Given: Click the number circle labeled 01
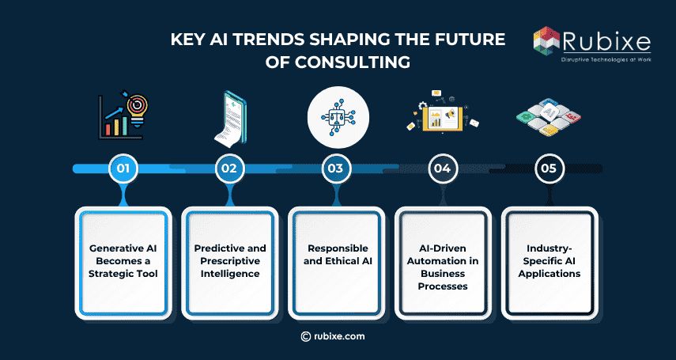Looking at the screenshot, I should point(123,168).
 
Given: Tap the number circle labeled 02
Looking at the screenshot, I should point(228,168).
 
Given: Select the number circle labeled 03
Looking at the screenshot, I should point(335,168).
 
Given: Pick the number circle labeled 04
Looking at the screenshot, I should point(442,168).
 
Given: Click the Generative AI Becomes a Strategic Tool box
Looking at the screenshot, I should point(123,261).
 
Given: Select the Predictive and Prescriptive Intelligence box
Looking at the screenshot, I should point(229,261).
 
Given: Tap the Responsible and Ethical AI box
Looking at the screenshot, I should point(335,261).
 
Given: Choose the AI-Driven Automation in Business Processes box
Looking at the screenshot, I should point(442,261).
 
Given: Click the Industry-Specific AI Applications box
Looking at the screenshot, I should point(548,261).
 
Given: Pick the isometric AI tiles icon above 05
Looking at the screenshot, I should point(548,119).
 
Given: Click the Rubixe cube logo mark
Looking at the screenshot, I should point(546,44).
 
